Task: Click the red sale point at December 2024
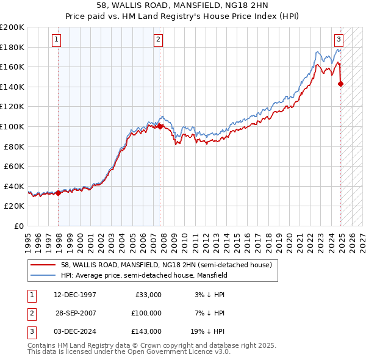[340, 84]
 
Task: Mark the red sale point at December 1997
[59, 193]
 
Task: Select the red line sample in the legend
[43, 265]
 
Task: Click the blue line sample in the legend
[43, 275]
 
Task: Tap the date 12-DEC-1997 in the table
[76, 295]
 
